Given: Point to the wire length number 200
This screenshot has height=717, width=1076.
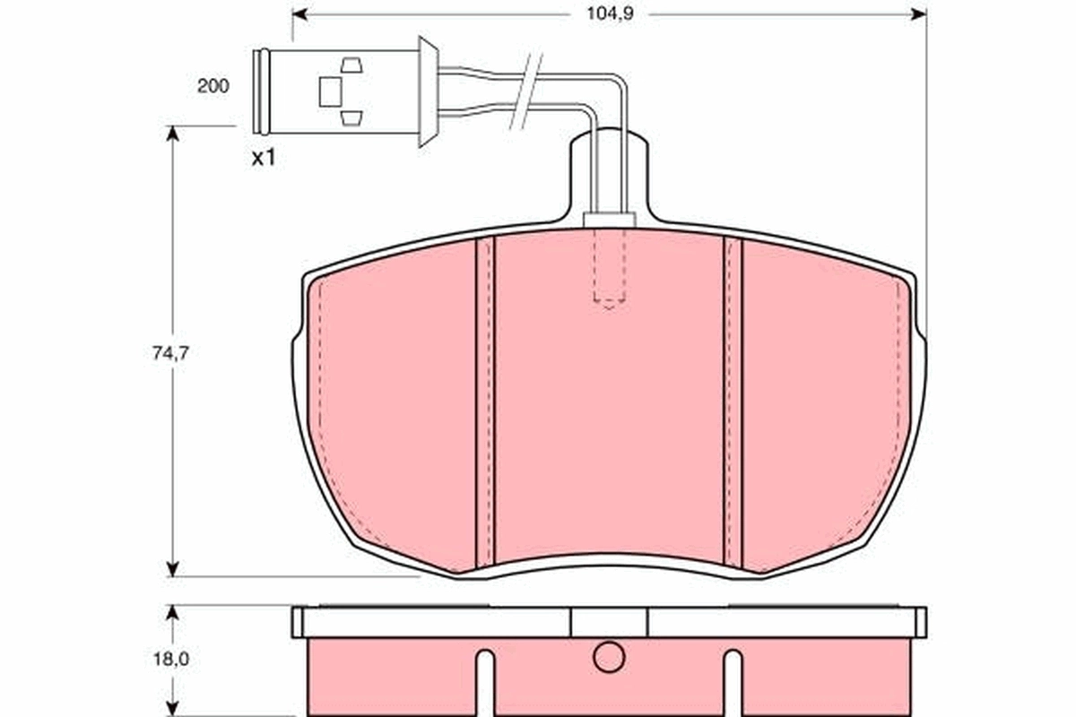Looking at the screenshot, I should click(213, 86).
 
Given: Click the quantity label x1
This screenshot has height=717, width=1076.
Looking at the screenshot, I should click(263, 159).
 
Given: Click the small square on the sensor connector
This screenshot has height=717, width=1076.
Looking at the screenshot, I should click(330, 91).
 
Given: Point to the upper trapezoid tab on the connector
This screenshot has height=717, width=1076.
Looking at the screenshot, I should click(351, 65).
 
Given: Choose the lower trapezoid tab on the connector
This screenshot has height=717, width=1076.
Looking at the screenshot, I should click(351, 117).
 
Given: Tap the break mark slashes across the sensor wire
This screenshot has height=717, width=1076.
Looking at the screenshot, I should click(526, 91).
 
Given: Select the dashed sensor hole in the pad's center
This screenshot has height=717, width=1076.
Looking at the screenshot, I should click(609, 268).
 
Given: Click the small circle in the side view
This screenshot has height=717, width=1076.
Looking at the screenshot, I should click(608, 657).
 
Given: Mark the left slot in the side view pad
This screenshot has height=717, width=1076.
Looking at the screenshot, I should click(484, 681).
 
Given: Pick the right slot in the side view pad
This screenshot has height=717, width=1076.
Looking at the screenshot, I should click(733, 681).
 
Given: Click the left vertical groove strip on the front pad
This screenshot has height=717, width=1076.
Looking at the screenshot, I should click(484, 403).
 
